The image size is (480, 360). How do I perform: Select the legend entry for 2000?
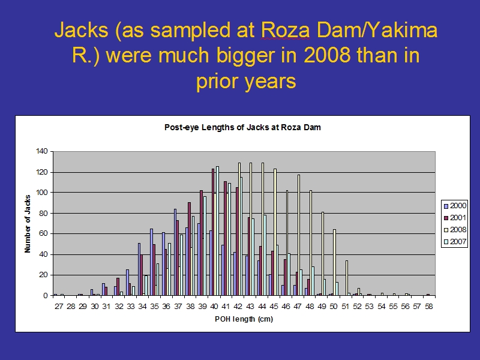455,206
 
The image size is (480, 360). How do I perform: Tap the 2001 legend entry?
455,218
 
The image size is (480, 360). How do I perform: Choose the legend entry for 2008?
455,230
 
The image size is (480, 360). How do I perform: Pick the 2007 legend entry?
455,242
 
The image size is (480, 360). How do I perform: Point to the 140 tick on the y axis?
41,151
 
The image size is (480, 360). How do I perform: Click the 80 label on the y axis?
44,214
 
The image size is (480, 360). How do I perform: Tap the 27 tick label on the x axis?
59,307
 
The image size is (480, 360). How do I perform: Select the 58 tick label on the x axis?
429,307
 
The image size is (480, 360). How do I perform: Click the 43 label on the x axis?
250,307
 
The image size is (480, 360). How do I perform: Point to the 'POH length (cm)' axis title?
244,319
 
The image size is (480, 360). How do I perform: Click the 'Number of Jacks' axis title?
28,224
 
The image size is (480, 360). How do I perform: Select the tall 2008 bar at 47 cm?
299,235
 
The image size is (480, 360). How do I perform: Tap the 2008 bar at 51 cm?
347,278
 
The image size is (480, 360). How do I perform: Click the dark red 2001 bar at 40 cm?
213,232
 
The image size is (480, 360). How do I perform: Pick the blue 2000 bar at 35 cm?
151,262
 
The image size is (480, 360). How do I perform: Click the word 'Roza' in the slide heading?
286,31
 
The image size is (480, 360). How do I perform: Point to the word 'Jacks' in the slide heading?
82,31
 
